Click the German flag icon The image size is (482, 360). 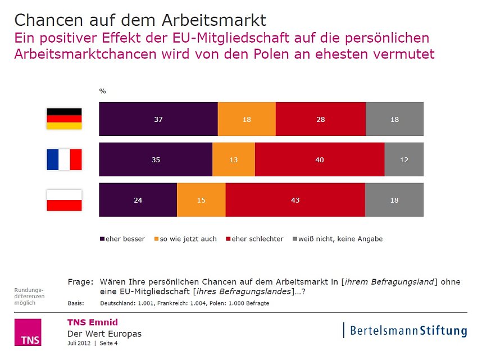(x=64, y=119)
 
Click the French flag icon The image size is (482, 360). (x=64, y=160)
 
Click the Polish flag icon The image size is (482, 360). (x=64, y=200)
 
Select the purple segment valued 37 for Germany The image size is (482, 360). (x=158, y=119)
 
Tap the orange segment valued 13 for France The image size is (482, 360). (x=234, y=160)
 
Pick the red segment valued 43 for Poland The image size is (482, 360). (x=295, y=200)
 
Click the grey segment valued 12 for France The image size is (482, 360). (x=403, y=160)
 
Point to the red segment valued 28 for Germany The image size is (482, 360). (x=321, y=119)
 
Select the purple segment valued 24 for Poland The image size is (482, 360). (x=138, y=200)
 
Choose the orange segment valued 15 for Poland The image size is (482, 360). (x=201, y=200)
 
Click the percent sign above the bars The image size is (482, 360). (x=103, y=91)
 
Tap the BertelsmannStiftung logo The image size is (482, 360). (x=406, y=330)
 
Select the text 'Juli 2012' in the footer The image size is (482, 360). (x=79, y=343)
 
